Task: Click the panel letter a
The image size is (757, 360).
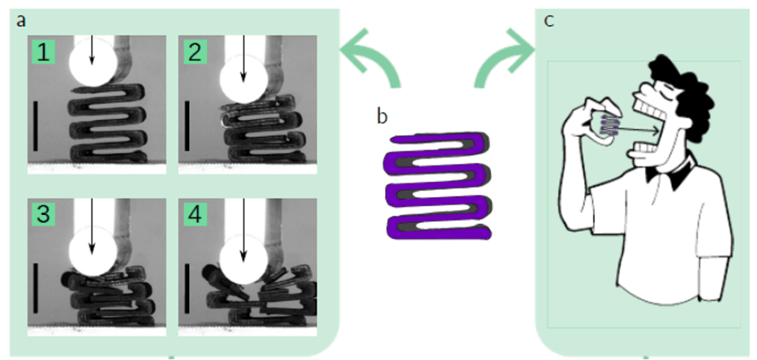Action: click(21, 21)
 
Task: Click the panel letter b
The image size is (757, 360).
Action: click(382, 116)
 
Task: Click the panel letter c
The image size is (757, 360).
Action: click(549, 22)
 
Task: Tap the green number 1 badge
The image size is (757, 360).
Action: click(44, 52)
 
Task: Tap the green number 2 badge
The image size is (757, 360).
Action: click(195, 52)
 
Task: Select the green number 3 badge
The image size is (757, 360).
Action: click(44, 214)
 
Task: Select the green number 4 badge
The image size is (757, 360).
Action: click(195, 214)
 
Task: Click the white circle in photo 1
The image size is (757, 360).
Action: click(93, 63)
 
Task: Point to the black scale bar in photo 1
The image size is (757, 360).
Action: click(35, 126)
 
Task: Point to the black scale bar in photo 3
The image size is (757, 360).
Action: click(35, 288)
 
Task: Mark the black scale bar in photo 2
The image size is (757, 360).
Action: click(186, 126)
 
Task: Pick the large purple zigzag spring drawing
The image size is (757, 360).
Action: click(438, 186)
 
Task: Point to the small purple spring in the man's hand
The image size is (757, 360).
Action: click(607, 126)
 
